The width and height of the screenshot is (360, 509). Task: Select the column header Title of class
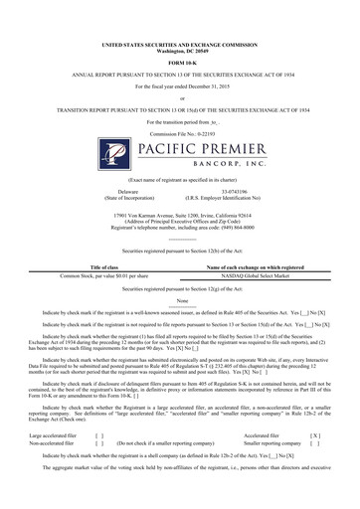(x=103, y=267)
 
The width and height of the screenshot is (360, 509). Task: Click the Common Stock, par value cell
(x=103, y=275)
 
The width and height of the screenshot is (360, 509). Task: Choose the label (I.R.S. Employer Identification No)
(x=241, y=197)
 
